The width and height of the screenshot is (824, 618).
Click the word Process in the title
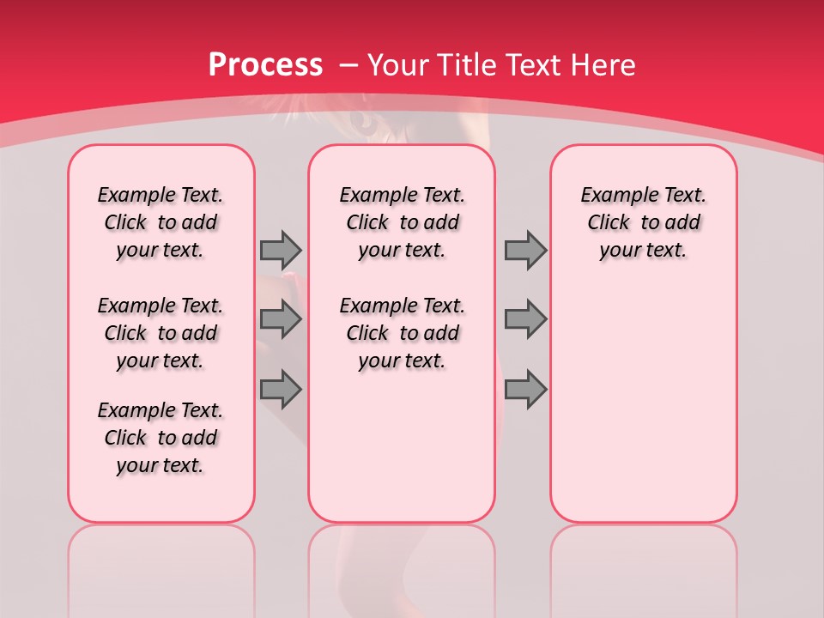[x=265, y=64]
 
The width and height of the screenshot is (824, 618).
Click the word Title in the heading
[x=468, y=64]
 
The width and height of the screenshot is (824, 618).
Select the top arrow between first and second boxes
[x=281, y=250]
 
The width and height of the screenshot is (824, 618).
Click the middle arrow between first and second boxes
[x=281, y=319]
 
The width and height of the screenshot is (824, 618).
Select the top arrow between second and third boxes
[x=525, y=250]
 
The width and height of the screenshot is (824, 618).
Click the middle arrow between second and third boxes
[x=525, y=319]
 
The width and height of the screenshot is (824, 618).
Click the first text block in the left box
[x=161, y=222]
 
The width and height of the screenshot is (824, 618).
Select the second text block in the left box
[x=161, y=333]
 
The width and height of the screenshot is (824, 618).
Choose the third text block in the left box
[x=161, y=438]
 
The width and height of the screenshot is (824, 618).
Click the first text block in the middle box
[x=402, y=222]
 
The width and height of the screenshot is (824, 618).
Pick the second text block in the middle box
[x=402, y=333]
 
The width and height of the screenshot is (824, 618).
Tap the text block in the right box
[x=643, y=222]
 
